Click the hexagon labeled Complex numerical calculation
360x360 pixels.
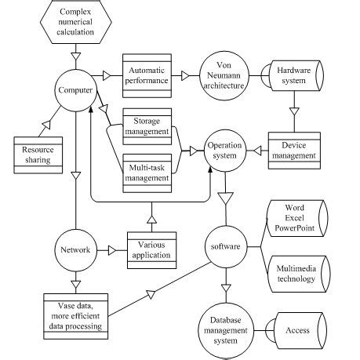click(76, 22)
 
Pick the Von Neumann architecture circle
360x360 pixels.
click(221, 75)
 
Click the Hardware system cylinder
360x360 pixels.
click(292, 75)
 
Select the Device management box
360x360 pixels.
click(292, 150)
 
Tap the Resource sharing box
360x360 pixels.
click(37, 154)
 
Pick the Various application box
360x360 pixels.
click(151, 250)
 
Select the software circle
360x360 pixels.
click(225, 246)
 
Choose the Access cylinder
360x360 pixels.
click(294, 330)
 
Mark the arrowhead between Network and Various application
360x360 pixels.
click(113, 251)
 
